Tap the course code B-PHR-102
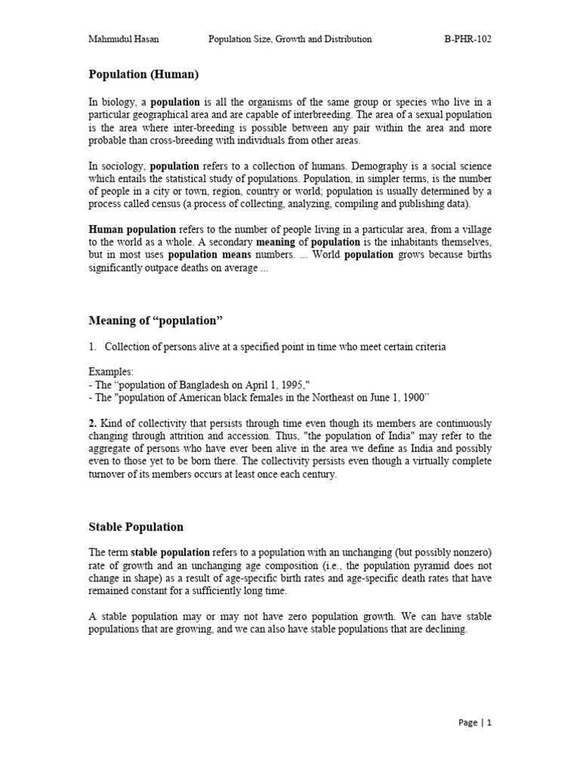coord(467,39)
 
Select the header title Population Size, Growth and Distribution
coord(290,39)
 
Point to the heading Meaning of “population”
coord(156,320)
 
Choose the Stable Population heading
coord(136,526)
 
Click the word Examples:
coord(110,371)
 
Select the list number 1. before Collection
coord(93,346)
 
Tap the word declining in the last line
coord(446,630)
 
